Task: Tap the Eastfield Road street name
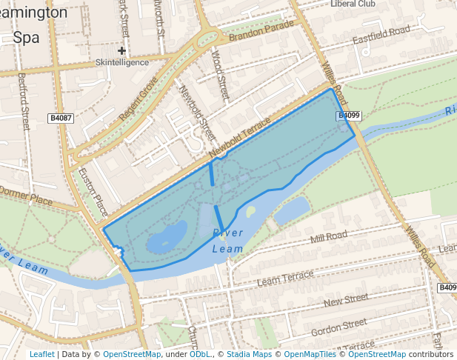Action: coord(381,33)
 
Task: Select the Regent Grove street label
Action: coord(139,100)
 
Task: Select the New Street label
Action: coord(345,299)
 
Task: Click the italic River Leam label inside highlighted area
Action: coord(227,241)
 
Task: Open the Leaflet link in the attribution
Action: coord(41,354)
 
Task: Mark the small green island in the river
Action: coord(251,212)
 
